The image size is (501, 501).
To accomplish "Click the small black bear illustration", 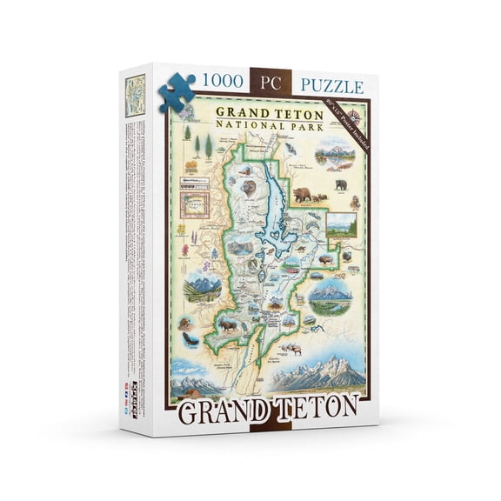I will (340, 184).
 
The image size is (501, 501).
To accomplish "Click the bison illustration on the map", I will (325, 259).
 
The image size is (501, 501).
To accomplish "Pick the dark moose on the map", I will (229, 325).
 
